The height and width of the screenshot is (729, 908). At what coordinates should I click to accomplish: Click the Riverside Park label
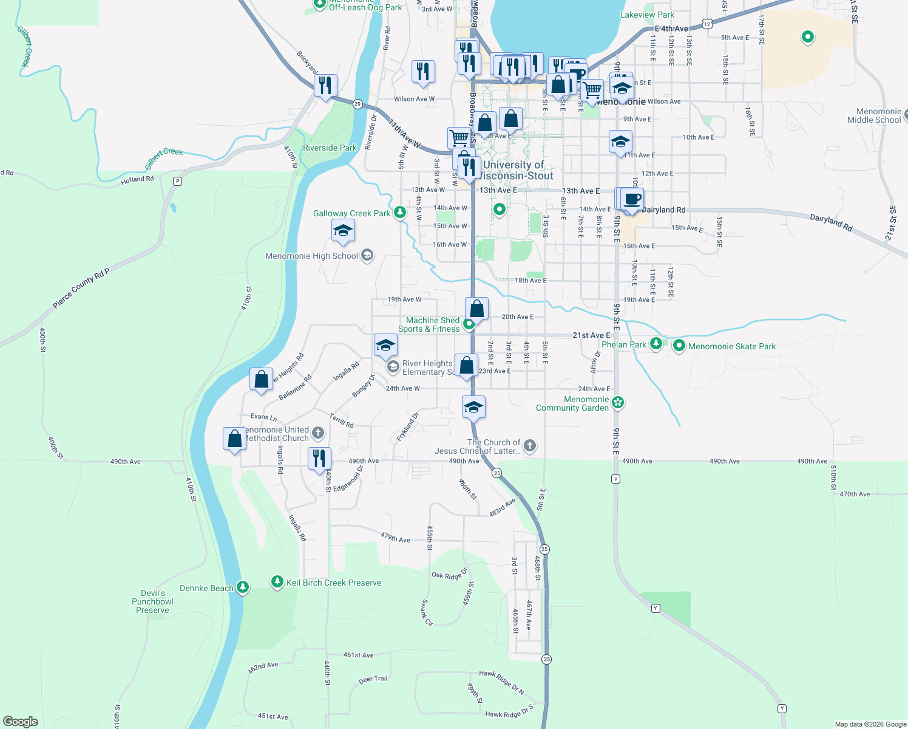(330, 148)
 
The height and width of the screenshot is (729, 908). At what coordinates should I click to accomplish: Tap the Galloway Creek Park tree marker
(399, 213)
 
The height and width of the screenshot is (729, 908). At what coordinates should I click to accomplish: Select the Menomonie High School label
(311, 256)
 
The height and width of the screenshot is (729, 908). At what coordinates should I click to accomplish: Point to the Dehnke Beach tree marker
(243, 587)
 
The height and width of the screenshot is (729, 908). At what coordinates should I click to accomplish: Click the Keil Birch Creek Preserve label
(334, 583)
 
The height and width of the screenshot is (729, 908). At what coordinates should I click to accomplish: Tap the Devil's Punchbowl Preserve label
(152, 602)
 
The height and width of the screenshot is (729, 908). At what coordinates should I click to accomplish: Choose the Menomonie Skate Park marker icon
(679, 346)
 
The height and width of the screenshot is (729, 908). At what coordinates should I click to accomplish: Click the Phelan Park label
(624, 345)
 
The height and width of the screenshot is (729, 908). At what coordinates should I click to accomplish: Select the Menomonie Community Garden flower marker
(618, 402)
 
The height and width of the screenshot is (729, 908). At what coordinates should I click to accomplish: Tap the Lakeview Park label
(647, 15)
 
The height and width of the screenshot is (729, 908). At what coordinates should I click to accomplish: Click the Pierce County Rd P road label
(81, 289)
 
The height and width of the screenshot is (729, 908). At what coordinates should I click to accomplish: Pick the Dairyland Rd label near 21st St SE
(831, 222)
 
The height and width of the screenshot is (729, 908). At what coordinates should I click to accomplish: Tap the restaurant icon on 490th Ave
(319, 459)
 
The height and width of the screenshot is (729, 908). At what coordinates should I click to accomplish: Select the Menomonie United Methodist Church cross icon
(318, 433)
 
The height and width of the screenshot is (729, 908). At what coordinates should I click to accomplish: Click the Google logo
(21, 722)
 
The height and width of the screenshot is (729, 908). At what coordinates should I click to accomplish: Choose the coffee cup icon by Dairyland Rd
(632, 199)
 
